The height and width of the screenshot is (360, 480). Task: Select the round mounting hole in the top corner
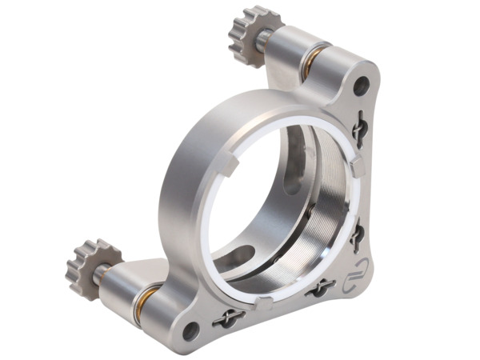pyautogui.click(x=361, y=84)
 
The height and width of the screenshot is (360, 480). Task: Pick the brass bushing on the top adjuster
pyautogui.click(x=313, y=60)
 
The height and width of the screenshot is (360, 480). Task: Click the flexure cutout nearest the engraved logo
pyautogui.click(x=320, y=287)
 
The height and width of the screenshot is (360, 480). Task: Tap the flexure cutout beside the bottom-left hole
pyautogui.click(x=228, y=318)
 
